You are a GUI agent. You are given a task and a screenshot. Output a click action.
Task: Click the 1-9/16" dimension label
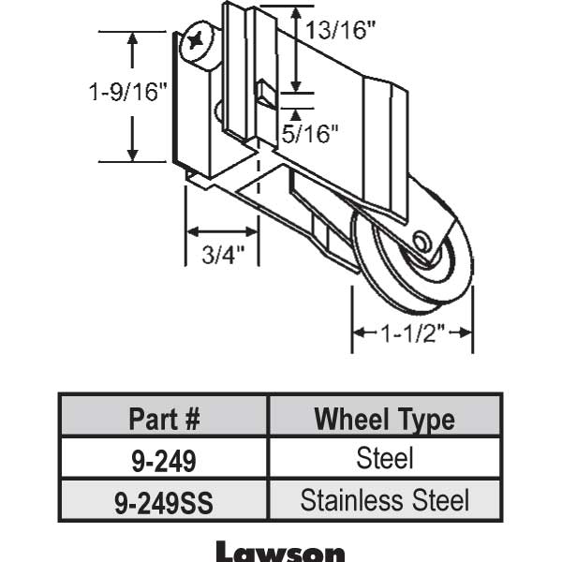[128, 93]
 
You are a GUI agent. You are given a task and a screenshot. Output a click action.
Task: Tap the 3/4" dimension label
[223, 254]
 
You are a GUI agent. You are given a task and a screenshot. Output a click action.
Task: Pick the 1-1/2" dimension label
[412, 333]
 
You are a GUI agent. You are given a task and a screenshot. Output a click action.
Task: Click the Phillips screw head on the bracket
[200, 41]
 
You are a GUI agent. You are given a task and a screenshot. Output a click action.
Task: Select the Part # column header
[164, 418]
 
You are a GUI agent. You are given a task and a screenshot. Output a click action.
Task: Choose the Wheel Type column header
[384, 418]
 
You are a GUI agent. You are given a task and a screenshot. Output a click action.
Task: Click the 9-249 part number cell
[164, 459]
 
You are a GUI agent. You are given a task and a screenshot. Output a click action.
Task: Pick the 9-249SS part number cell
[164, 501]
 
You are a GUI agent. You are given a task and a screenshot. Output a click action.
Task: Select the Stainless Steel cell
[384, 500]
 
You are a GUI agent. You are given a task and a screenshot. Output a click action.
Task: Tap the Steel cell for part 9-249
[384, 459]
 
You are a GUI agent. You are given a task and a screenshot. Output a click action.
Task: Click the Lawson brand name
[280, 551]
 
